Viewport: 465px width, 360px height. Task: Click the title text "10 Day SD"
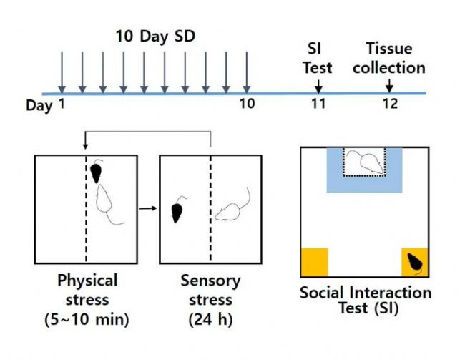(155, 37)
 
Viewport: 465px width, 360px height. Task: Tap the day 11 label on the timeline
(318, 104)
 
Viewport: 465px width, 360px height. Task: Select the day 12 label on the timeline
(390, 104)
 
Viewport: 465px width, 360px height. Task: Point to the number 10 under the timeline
(247, 104)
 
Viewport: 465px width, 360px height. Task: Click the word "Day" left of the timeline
(39, 106)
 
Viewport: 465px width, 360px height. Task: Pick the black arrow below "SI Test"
(318, 87)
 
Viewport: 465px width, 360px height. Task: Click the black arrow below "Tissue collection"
(389, 86)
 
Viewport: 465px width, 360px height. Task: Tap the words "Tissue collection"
(389, 58)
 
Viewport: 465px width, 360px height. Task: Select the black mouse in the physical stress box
(96, 172)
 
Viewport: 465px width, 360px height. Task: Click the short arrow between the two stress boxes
(148, 208)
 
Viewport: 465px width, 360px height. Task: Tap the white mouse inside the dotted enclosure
(369, 162)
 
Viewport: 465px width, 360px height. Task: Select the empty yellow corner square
(315, 263)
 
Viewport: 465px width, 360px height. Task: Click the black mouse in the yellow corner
(415, 263)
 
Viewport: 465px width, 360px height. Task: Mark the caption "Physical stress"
(87, 290)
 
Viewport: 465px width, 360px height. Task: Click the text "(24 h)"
(210, 319)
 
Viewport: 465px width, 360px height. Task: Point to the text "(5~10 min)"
(87, 319)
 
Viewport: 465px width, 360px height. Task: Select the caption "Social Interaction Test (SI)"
(366, 301)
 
